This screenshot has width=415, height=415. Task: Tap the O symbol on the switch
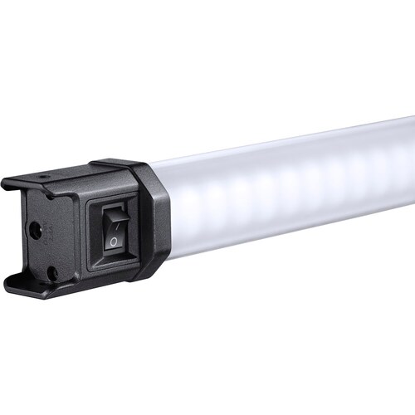coord(114,242)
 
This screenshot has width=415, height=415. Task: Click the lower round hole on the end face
coord(51,271)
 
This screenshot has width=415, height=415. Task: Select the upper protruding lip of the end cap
coord(25,183)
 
